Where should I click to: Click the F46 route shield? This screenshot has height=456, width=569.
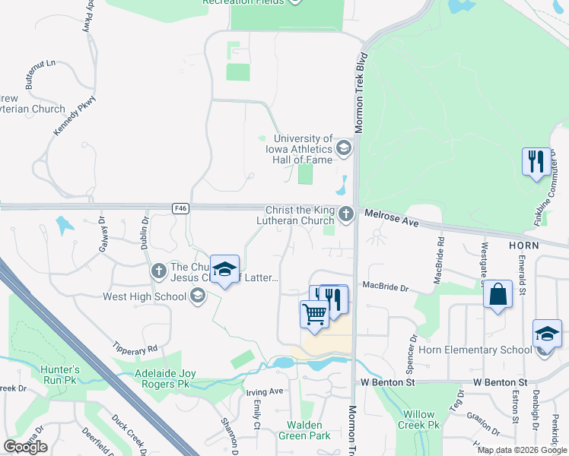pyautogui.click(x=180, y=207)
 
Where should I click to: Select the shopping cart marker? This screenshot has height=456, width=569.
pyautogui.click(x=314, y=313)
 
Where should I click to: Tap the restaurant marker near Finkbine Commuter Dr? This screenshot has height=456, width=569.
pyautogui.click(x=536, y=162)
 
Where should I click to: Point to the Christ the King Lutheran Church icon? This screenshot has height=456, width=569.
pyautogui.click(x=347, y=214)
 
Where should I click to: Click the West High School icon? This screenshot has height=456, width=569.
pyautogui.click(x=199, y=296)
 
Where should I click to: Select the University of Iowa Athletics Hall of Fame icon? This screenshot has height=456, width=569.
pyautogui.click(x=344, y=147)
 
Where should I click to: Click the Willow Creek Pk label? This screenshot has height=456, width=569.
pyautogui.click(x=419, y=420)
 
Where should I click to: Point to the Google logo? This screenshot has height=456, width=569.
pyautogui.click(x=26, y=447)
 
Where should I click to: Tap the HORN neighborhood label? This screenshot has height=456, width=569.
pyautogui.click(x=525, y=245)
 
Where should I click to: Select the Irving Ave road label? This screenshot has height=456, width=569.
pyautogui.click(x=265, y=391)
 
